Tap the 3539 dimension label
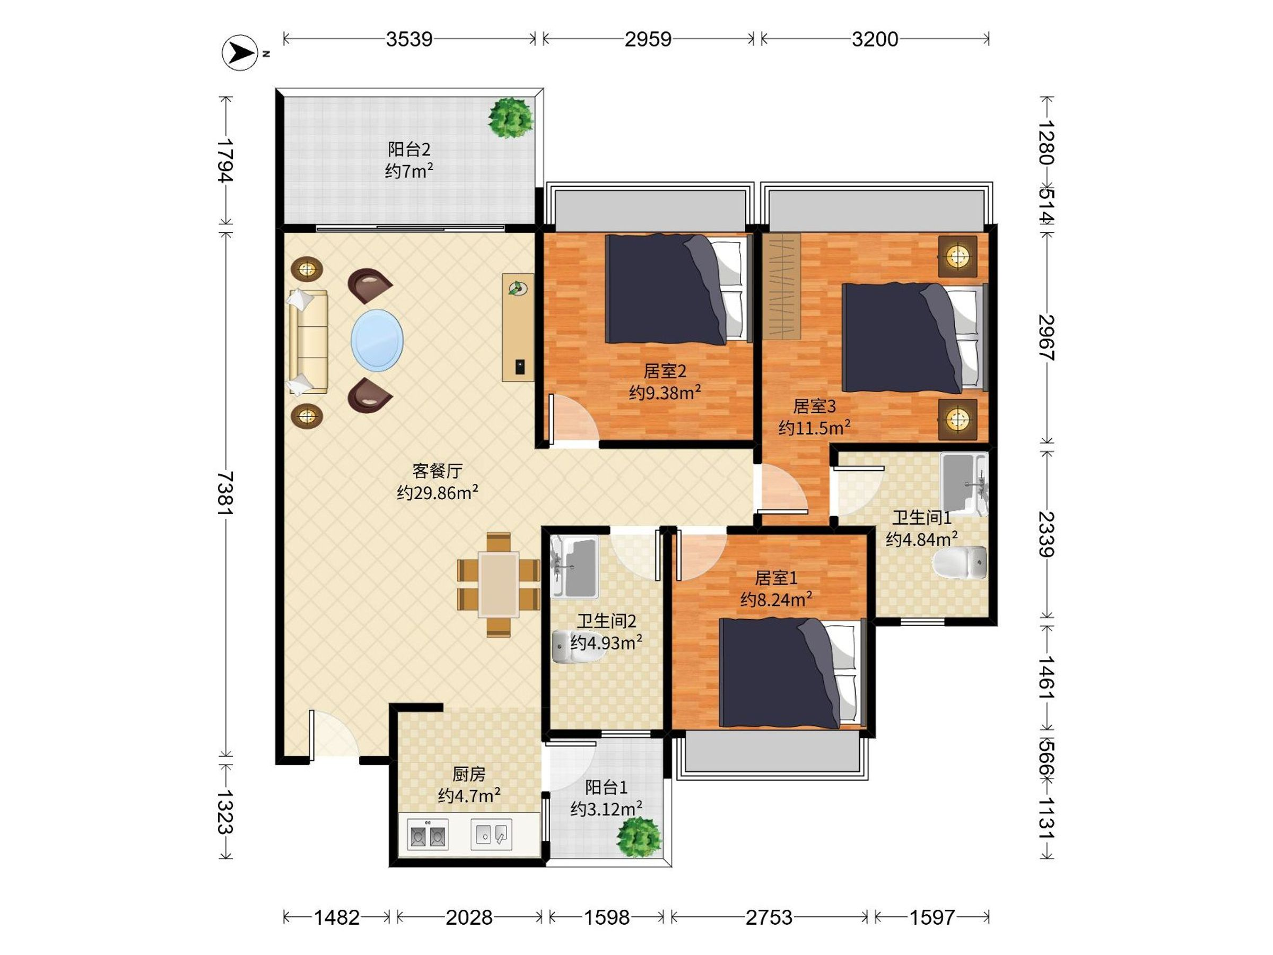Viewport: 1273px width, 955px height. coord(408,39)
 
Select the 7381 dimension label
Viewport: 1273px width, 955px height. coord(225,493)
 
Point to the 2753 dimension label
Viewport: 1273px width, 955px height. coord(769,917)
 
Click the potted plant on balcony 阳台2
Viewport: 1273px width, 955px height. coord(510,117)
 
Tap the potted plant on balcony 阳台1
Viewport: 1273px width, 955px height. coord(639,836)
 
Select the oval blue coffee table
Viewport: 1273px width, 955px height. coord(377,340)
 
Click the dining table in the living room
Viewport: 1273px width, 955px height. coord(499,584)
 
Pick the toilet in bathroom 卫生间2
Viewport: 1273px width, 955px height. coord(573,647)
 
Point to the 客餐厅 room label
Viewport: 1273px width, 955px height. coord(438,471)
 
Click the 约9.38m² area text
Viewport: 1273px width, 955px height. coord(665,393)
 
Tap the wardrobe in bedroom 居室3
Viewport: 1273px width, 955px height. coord(782,285)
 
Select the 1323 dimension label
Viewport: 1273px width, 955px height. coord(225,812)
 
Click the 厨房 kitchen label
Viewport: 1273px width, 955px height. coord(469,774)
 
